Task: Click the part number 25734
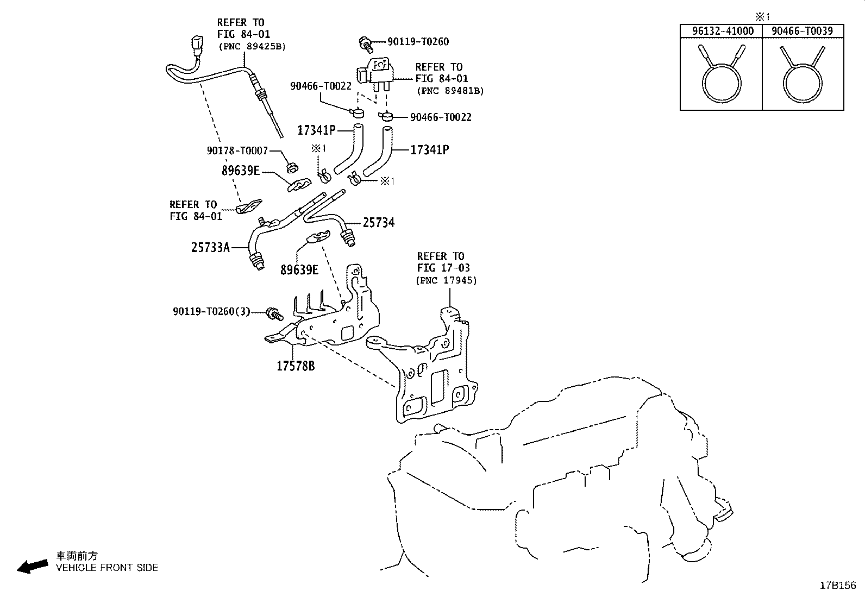[x=378, y=223]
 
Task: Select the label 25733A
[x=210, y=247]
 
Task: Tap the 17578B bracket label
[x=296, y=366]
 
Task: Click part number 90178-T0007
[x=237, y=150]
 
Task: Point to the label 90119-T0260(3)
[x=211, y=311]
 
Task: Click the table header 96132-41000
[x=723, y=31]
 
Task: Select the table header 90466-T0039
[x=802, y=31]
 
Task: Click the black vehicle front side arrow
[x=32, y=567]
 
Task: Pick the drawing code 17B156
[x=837, y=585]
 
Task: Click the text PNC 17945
[x=446, y=280]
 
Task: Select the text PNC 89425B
[x=252, y=47]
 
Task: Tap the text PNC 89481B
[x=450, y=91]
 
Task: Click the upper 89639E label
[x=240, y=171]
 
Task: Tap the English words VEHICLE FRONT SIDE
[x=107, y=568]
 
